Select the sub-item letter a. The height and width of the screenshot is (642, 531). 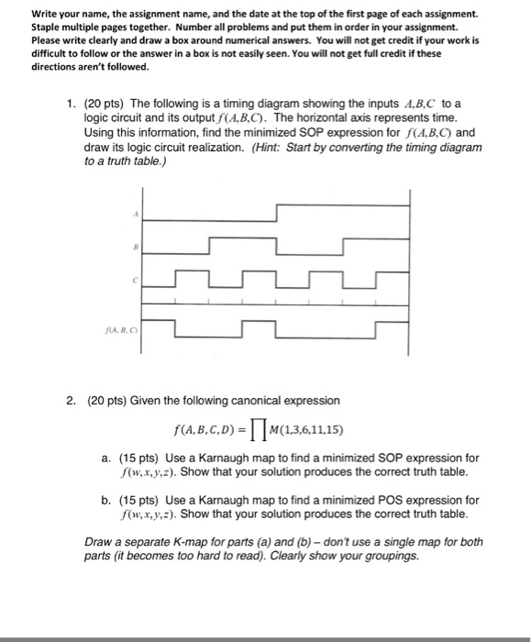click(105, 457)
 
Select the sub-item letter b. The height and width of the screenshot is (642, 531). click(105, 501)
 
